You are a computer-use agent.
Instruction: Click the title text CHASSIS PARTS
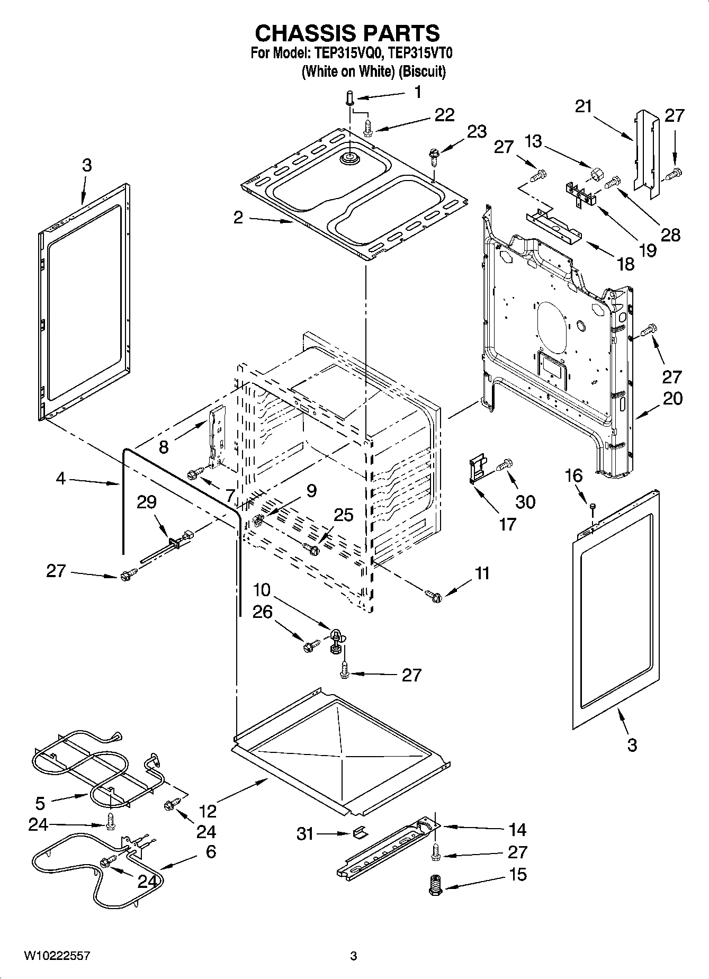pos(347,33)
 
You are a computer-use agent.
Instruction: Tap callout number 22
pos(444,115)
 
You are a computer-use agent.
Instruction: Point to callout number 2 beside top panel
pos(238,217)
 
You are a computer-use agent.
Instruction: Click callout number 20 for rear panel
pos(672,398)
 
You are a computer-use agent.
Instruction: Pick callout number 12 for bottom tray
pos(208,811)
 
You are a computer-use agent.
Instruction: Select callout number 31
pos(306,834)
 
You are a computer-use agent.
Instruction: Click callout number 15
pos(517,874)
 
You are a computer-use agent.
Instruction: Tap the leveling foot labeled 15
pos(435,885)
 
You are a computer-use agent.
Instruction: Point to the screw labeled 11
pos(433,596)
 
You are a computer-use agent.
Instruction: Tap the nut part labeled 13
pos(597,173)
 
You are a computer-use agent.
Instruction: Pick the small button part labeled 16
pos(593,507)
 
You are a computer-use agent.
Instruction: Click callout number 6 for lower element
pos(210,851)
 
